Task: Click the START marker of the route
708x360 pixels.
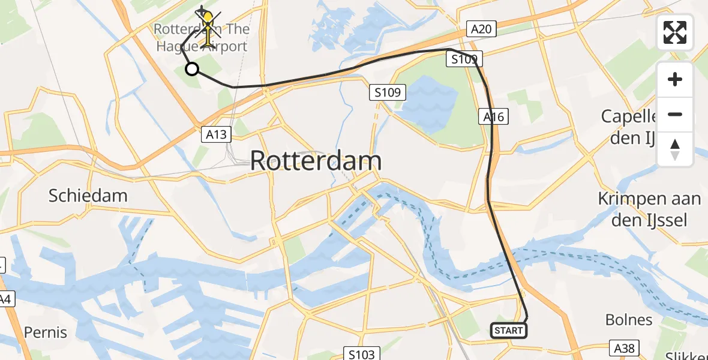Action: click(509, 330)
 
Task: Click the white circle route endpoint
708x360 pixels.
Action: click(192, 69)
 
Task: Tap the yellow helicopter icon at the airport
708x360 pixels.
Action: click(207, 27)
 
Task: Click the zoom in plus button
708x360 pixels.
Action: click(675, 79)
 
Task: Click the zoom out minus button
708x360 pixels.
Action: click(675, 114)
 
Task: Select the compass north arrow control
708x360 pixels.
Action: click(675, 149)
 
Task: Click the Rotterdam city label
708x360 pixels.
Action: click(316, 161)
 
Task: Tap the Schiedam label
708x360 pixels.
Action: click(88, 196)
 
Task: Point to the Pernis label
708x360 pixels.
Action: click(46, 332)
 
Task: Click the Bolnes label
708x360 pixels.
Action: click(629, 320)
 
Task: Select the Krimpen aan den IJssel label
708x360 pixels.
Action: click(649, 209)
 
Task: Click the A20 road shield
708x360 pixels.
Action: click(481, 29)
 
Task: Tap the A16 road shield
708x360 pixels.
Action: click(494, 117)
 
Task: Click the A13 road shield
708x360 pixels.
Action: click(215, 134)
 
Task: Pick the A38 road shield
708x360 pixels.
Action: click(626, 347)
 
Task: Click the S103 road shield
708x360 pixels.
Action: click(362, 353)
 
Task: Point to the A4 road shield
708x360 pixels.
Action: click(5, 298)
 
